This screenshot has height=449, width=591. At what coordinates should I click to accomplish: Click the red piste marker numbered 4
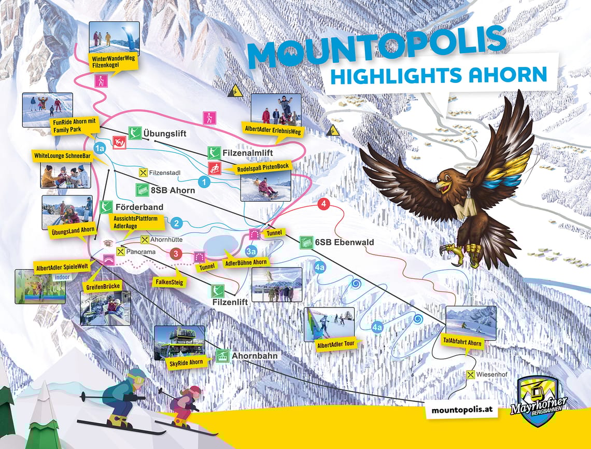coord(324,204)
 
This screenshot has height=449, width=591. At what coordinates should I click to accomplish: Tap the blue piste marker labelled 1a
coord(100,148)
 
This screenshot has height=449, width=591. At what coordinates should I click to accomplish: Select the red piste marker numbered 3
coord(176,254)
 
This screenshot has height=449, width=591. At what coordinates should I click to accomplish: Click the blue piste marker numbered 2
coord(176,223)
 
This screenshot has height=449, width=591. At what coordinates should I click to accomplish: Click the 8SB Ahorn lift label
coord(172,190)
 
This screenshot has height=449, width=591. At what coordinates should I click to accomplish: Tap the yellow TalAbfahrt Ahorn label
coord(462,343)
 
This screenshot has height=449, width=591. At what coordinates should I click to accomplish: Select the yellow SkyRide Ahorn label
coord(186,362)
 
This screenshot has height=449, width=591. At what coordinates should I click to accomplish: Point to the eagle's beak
coord(440,185)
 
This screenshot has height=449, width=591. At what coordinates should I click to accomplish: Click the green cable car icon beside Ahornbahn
coord(222,356)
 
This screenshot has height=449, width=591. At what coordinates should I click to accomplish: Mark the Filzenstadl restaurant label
coord(165,173)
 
